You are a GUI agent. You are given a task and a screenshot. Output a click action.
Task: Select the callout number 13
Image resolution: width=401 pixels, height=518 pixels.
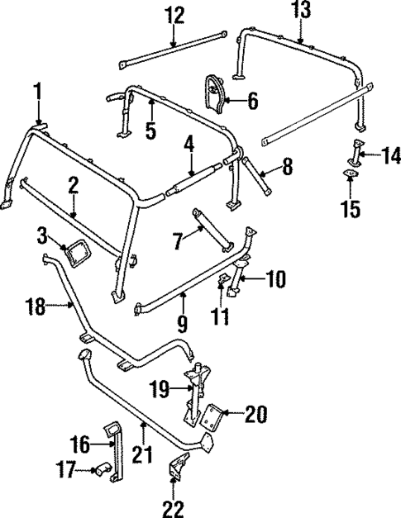[x=303, y=11]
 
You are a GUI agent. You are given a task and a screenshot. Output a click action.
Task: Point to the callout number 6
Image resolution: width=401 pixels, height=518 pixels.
[x=252, y=102]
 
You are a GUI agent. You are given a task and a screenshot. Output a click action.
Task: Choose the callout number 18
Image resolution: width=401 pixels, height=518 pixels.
[x=33, y=307]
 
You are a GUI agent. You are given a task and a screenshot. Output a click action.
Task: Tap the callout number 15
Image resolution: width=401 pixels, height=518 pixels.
[x=353, y=209]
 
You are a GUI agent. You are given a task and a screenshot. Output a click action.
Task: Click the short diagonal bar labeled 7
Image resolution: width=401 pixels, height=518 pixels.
[x=213, y=226]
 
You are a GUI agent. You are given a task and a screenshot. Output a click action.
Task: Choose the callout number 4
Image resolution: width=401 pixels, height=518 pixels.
[x=189, y=149]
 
